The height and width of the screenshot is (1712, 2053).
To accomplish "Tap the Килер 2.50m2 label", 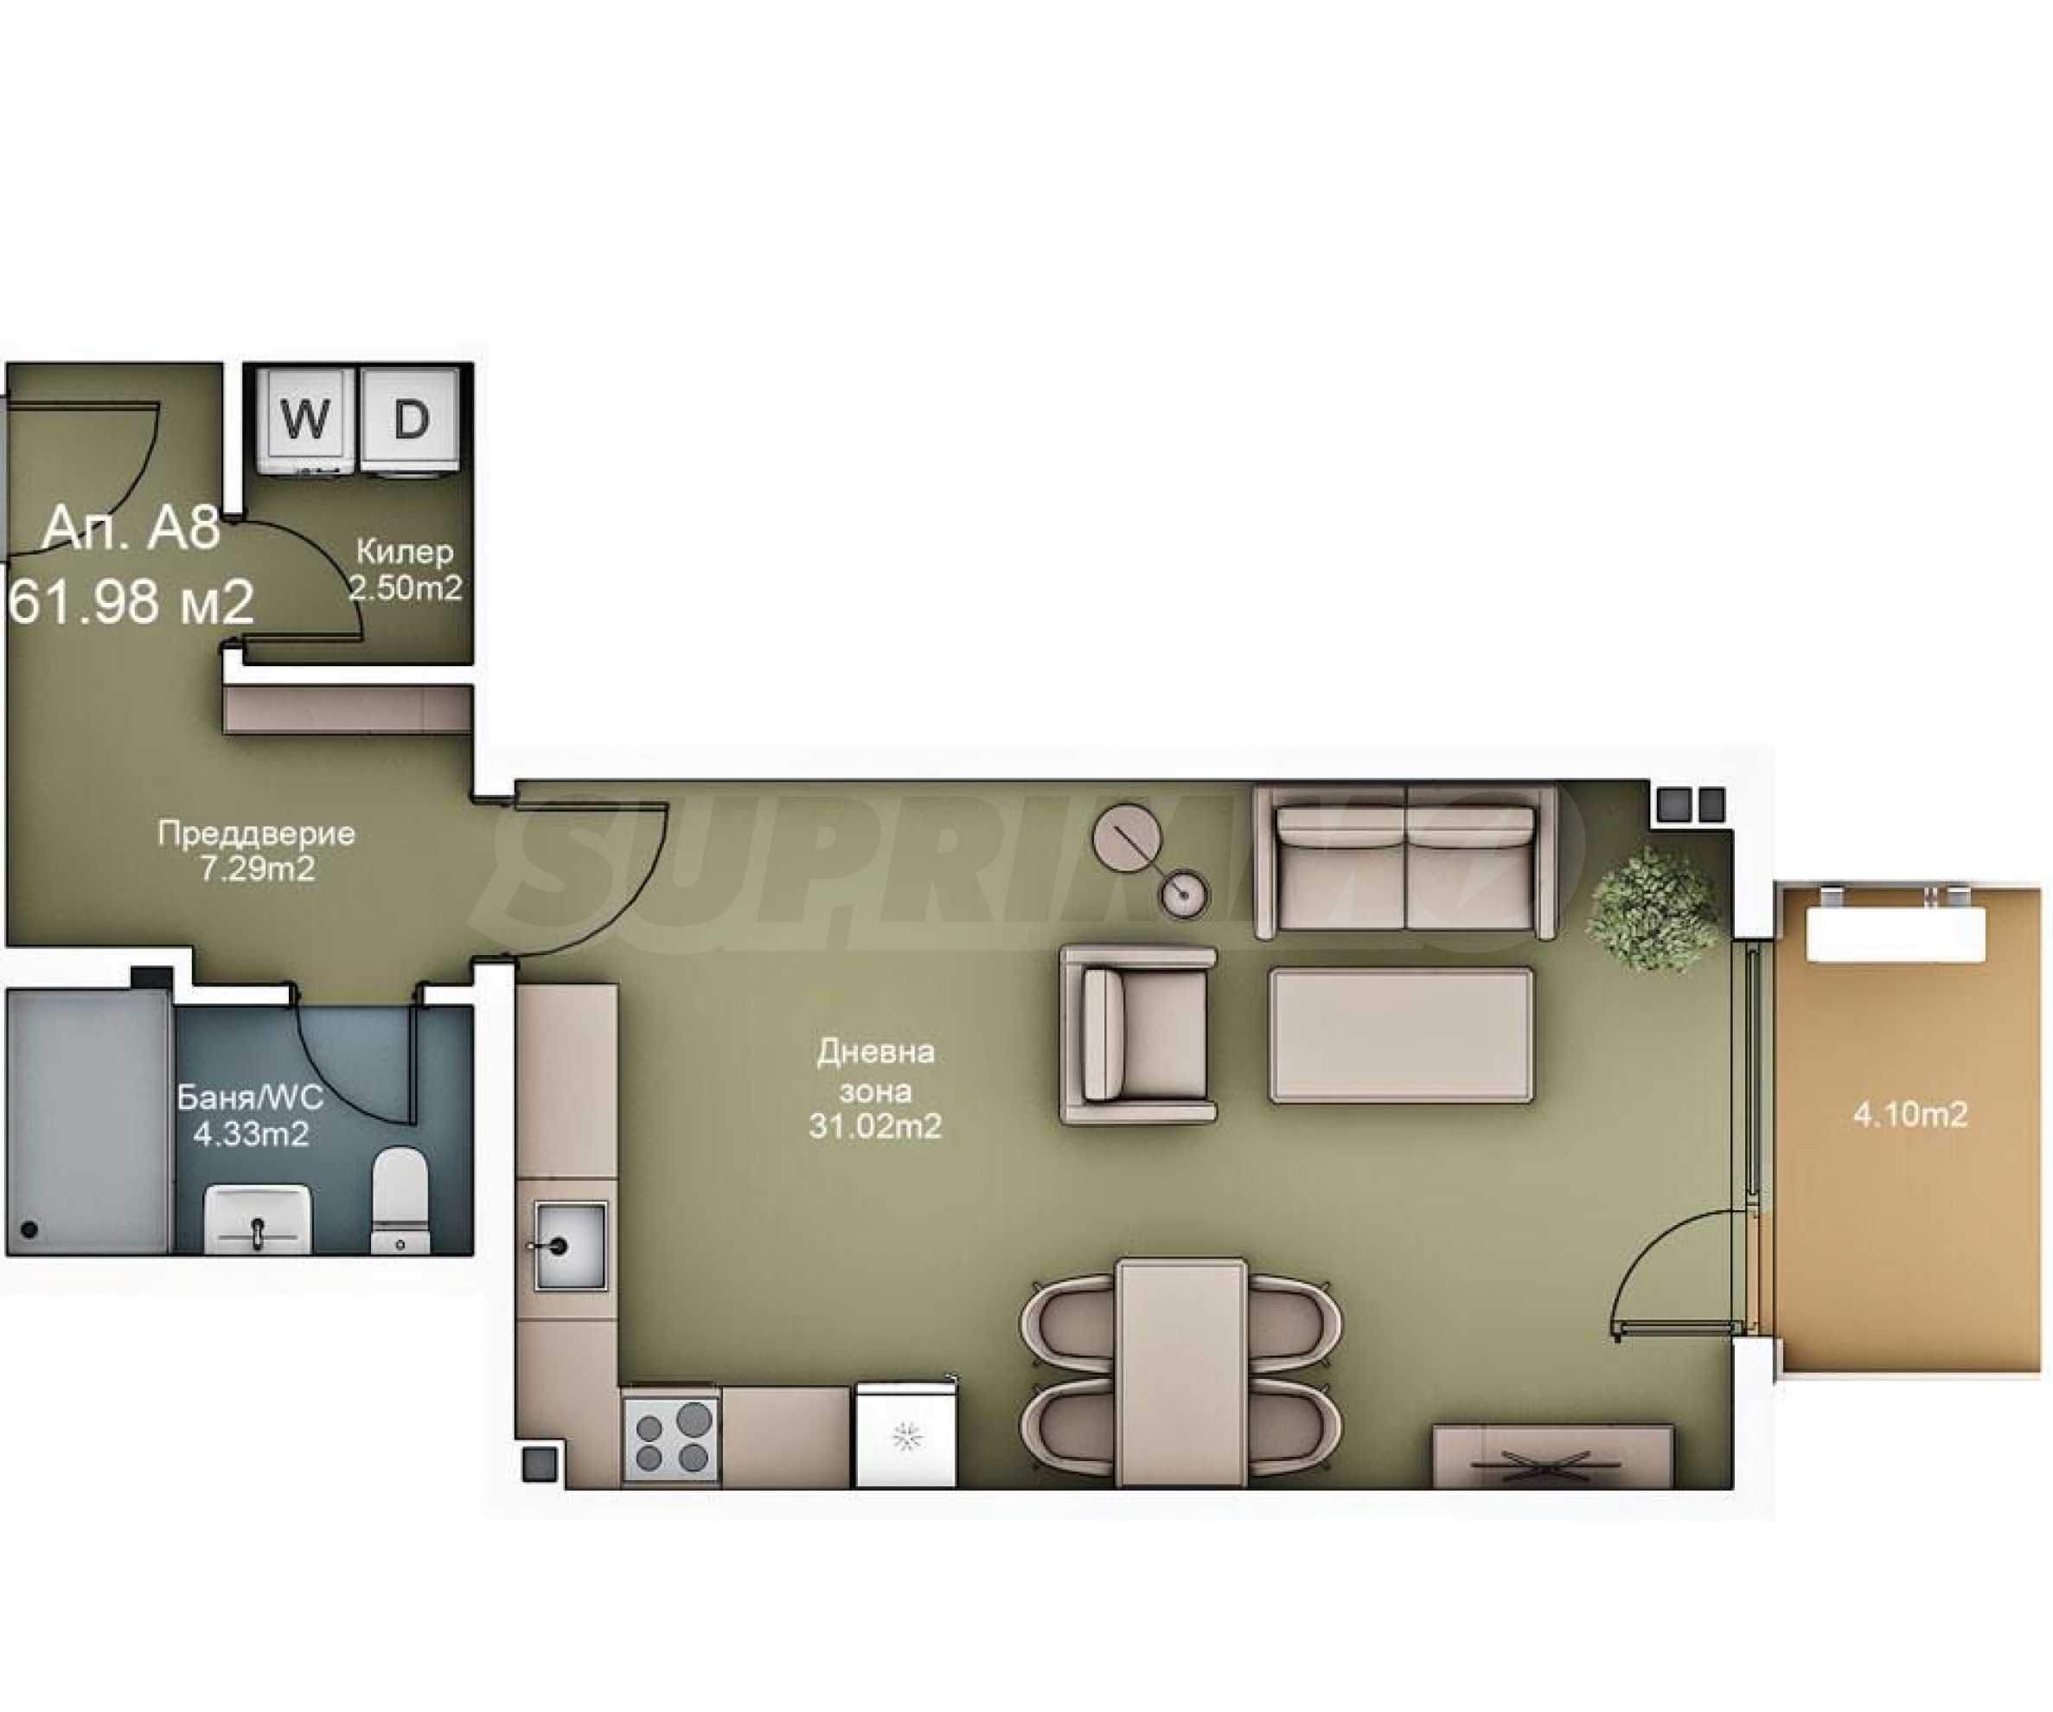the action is coord(405,570).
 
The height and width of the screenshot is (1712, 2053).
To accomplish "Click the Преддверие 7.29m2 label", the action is coord(256,850).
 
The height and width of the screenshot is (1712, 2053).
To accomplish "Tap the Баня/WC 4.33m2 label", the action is coord(249,1116).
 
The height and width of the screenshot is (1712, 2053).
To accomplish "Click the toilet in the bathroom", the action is coord(399,1200).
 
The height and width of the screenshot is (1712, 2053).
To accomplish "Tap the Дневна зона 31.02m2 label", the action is coord(875,1090).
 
